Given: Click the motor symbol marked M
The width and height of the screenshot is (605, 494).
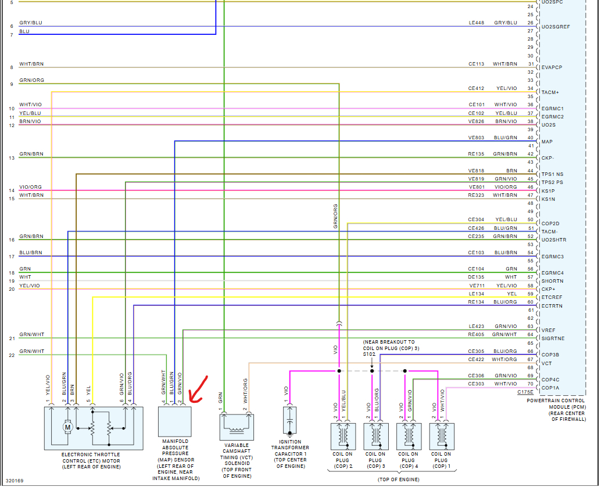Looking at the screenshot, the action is pos(67,428).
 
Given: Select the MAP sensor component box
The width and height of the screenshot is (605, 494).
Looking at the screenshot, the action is pos(175,421).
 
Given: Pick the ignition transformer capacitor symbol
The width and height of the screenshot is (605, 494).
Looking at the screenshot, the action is pos(289,420).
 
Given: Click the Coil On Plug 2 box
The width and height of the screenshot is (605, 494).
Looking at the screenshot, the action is pos(343,436).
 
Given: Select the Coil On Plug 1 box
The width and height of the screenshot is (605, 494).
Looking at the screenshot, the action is pos(442,436).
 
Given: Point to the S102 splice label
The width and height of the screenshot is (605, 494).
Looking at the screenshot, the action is pos(370,354).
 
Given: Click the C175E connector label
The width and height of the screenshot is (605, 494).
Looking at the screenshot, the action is pos(525,392).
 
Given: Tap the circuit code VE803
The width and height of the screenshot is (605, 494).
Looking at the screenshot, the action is pos(477,138).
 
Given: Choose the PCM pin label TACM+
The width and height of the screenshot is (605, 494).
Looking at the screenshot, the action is pos(550,92).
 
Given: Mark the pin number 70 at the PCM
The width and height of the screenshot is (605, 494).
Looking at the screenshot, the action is pos(530,384).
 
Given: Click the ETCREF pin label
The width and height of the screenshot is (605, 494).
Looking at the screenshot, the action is pos(552,298).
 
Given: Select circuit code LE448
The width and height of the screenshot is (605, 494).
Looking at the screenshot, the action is pos(477,23).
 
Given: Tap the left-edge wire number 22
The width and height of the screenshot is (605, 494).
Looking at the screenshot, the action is pos(12,355).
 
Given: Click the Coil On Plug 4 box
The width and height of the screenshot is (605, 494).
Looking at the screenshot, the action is pos(409,436).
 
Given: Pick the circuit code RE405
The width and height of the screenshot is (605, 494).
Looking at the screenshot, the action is pos(477,334).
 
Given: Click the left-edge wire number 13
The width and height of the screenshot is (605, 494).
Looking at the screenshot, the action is pos(12,158).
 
